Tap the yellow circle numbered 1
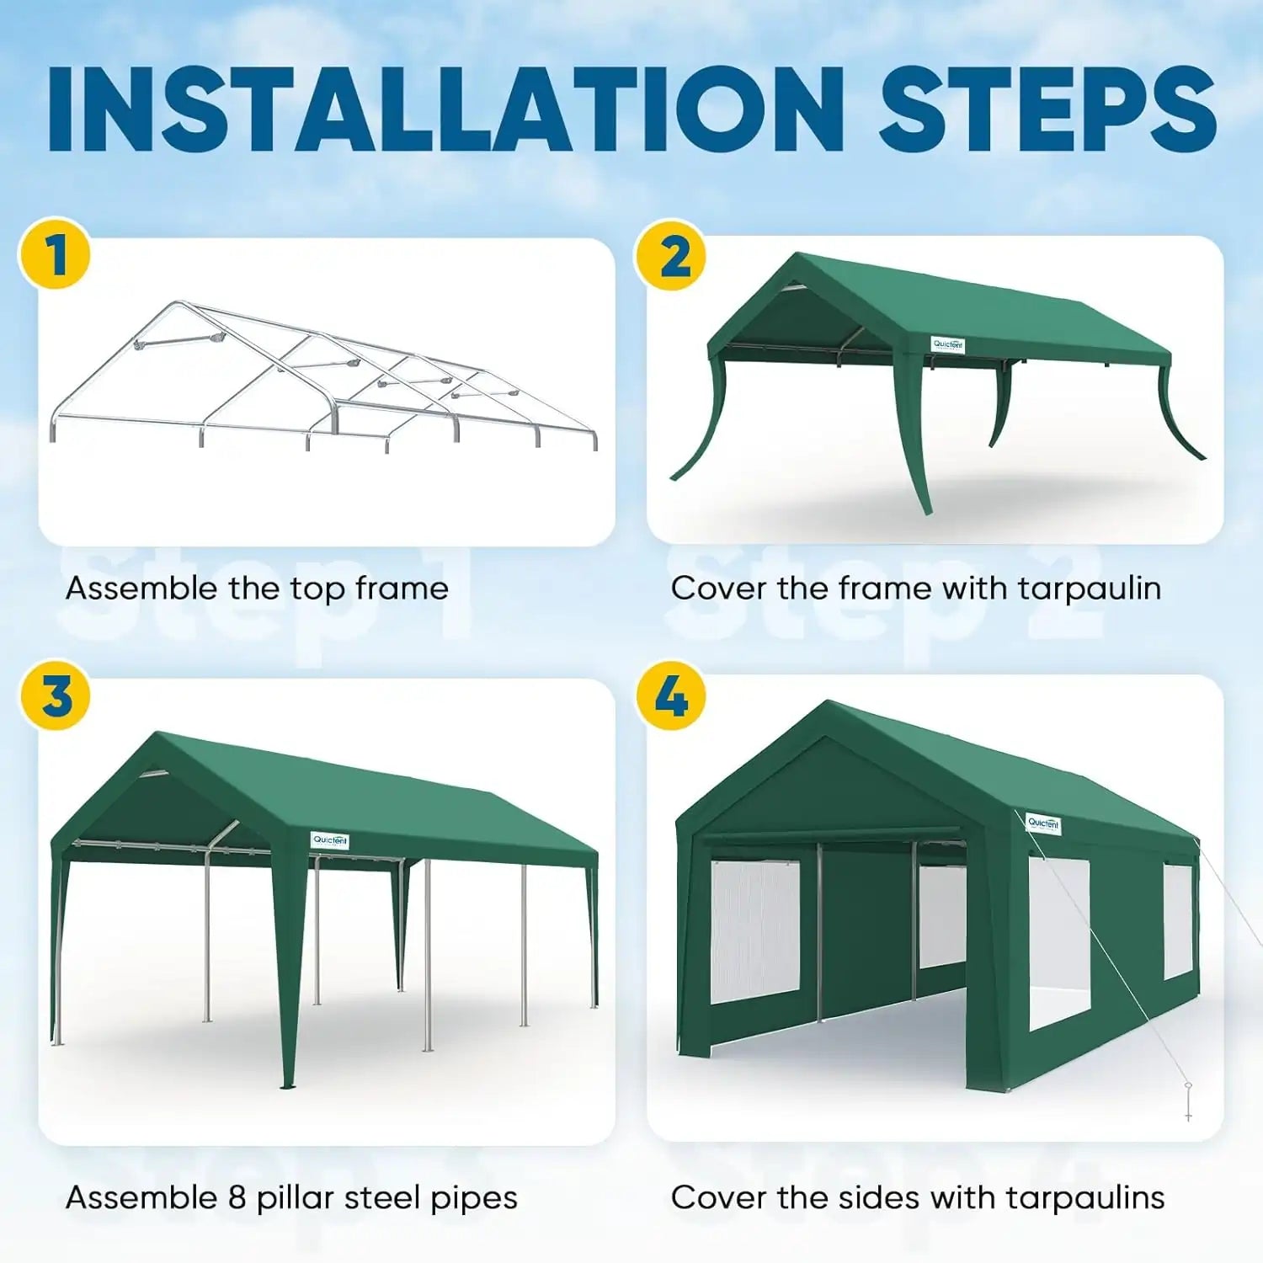56,254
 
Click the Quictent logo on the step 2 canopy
948,344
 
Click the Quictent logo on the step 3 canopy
329,839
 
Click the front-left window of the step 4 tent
754,930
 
